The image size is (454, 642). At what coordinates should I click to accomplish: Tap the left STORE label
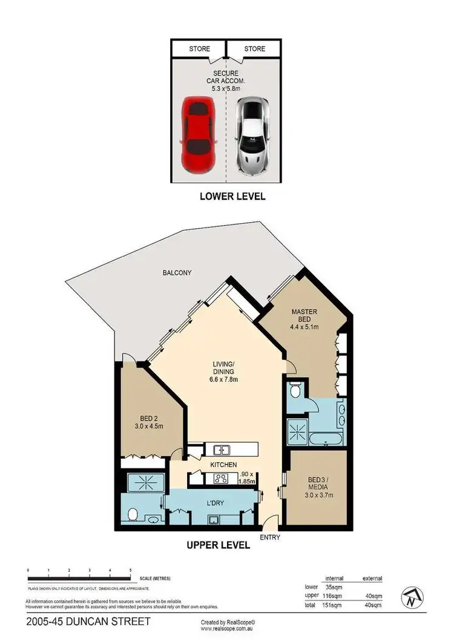tap(199, 48)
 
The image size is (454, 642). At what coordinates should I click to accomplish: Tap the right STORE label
tap(254, 48)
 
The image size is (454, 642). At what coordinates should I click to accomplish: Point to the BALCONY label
tap(177, 273)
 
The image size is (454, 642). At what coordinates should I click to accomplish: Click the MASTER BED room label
tap(304, 316)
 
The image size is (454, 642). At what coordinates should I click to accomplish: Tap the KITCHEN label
tap(223, 465)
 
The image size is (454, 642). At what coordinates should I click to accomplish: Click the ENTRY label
tap(270, 537)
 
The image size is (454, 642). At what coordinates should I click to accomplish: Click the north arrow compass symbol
tap(411, 600)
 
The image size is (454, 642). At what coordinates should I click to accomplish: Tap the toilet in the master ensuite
tap(295, 390)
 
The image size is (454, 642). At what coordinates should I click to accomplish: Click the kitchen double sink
tap(221, 450)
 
